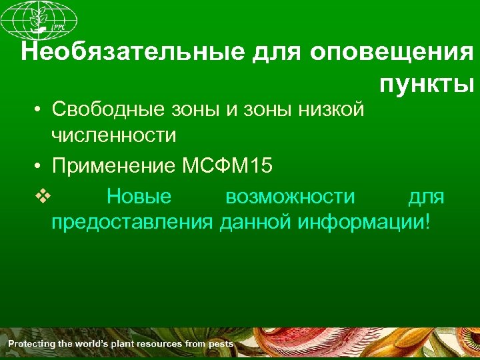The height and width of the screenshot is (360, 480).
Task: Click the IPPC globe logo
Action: point(39,19)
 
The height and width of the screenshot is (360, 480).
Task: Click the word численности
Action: point(114,136)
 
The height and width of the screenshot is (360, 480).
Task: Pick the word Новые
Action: point(139,197)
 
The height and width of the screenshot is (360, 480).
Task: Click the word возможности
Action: point(290,197)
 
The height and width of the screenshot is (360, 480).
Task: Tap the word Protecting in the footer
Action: point(29,344)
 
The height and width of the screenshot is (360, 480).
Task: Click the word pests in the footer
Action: point(220,344)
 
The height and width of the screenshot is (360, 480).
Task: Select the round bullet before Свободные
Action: point(39,109)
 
